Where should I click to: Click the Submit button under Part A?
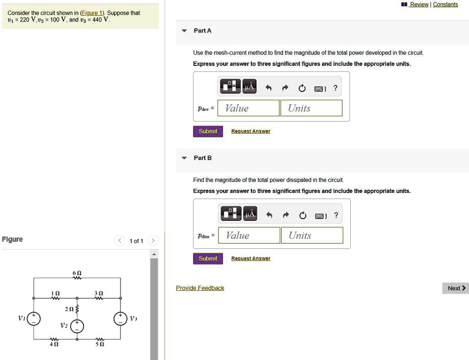(208, 131)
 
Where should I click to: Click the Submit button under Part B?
(208, 258)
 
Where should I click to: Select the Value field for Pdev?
(248, 108)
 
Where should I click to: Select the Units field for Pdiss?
(312, 235)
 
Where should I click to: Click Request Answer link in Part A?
(251, 131)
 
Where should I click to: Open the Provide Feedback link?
(200, 288)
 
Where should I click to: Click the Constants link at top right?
(445, 5)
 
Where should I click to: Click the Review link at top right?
(419, 5)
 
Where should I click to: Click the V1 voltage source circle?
(33, 318)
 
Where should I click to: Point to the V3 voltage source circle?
(121, 318)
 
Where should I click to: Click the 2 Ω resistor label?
(69, 309)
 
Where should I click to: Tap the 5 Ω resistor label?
(99, 345)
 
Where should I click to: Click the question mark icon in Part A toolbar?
(335, 88)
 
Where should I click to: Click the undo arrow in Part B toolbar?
(268, 215)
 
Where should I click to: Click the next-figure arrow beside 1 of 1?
(154, 240)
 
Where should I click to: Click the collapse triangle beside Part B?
(184, 158)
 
